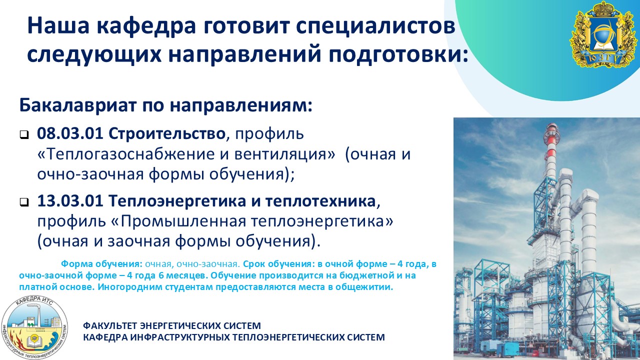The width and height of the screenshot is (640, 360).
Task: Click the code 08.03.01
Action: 70,133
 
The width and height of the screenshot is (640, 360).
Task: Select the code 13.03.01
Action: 70,201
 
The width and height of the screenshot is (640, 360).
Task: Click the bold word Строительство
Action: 167,133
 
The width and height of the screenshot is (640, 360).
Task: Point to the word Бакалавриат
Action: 77,105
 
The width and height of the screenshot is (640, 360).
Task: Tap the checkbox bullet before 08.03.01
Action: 24,134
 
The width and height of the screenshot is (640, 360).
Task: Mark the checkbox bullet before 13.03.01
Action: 24,202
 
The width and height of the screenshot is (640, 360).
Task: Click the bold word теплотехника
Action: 320,201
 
